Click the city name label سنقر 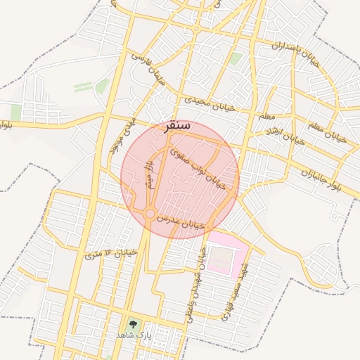point(176,127)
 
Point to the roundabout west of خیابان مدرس point(150,213)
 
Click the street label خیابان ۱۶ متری point(103,252)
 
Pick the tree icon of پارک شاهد point(132,324)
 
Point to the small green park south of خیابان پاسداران point(236,59)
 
